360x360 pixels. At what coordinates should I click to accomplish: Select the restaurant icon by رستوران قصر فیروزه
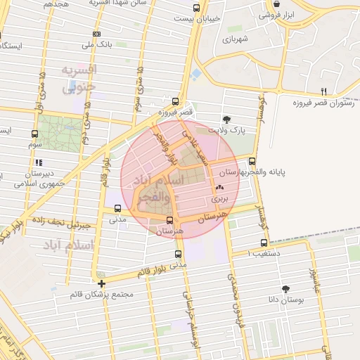click(323, 91)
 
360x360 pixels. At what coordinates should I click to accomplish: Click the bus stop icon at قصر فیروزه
click(175, 101)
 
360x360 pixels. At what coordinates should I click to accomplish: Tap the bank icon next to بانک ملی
click(96, 34)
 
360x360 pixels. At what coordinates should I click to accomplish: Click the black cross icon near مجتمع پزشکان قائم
click(102, 284)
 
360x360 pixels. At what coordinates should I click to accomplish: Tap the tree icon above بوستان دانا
click(285, 289)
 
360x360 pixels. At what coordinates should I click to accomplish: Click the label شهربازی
click(236, 39)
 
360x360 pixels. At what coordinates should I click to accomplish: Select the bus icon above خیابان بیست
click(195, 8)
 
